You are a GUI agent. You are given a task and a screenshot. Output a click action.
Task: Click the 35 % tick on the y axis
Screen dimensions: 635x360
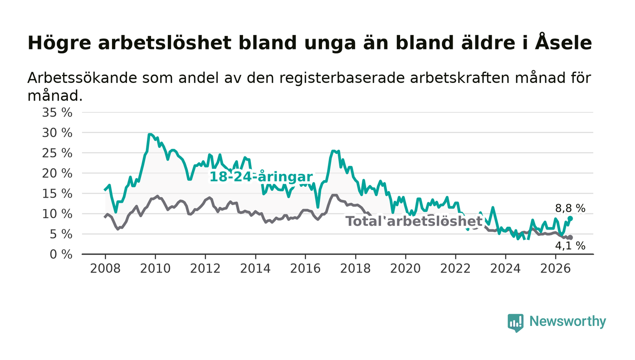click(57, 112)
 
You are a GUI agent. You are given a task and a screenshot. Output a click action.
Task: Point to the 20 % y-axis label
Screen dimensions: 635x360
click(57, 173)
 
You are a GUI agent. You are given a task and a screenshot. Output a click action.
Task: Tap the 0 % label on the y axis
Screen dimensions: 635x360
click(61, 254)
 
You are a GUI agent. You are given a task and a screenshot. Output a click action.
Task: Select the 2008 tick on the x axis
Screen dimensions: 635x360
click(105, 268)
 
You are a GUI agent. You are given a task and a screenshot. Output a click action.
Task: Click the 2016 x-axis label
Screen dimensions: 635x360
click(305, 268)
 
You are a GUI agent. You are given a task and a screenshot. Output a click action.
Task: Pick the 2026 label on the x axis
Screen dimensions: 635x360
click(555, 268)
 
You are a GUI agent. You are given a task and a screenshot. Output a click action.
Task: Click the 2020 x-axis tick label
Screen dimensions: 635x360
click(405, 268)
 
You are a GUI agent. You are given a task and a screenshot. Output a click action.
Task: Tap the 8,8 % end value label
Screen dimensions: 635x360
click(570, 209)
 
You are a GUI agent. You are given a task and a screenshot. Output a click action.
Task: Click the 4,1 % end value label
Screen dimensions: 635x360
click(570, 246)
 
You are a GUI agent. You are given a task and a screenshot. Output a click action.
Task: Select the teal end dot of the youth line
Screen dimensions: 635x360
click(571, 219)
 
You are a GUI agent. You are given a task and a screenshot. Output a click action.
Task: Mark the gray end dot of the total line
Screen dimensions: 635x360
click(571, 238)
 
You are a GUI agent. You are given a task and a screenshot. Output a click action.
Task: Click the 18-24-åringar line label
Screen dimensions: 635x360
click(261, 177)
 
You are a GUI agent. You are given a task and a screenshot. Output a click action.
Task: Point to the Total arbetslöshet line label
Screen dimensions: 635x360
click(414, 221)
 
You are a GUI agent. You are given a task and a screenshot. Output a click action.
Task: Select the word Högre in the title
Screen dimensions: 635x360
click(59, 44)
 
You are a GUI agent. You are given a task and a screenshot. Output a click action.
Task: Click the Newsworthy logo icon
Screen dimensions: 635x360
click(515, 323)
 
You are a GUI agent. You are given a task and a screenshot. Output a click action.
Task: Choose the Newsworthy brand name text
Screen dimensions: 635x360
click(567, 321)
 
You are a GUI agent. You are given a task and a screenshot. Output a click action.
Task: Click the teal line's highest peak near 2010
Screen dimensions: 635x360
click(150, 134)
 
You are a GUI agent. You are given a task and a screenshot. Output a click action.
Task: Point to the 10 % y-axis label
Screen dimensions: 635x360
click(57, 214)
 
